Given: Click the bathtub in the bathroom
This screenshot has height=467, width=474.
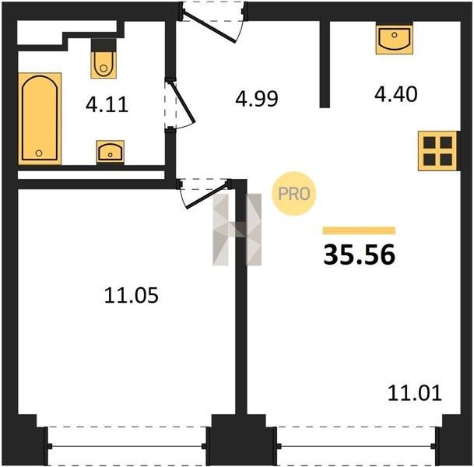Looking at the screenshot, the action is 40,118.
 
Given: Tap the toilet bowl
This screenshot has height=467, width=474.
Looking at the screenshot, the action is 104,65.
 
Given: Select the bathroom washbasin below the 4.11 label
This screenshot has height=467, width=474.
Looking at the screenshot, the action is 111,152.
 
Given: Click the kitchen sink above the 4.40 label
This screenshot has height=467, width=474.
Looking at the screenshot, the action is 395,38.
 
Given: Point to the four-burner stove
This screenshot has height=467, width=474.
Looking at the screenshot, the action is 437,151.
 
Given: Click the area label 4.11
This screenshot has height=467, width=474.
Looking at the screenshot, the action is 107,104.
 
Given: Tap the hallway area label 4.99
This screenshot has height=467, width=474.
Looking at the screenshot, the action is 257,99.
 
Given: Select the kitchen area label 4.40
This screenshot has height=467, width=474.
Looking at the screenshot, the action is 395,94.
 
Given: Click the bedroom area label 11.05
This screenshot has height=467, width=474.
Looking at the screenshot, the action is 132,295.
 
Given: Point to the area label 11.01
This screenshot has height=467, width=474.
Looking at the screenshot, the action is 414,393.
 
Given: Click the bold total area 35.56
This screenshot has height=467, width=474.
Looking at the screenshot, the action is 359,255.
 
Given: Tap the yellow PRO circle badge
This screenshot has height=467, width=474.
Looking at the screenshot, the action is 294,194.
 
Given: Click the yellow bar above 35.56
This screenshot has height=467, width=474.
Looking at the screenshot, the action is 359,230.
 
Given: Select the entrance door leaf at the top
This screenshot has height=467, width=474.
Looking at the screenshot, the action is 209,26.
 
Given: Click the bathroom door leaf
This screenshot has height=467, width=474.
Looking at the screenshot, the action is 183,102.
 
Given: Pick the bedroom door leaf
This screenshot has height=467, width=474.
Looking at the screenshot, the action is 206,195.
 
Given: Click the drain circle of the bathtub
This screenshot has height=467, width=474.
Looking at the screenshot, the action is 39,153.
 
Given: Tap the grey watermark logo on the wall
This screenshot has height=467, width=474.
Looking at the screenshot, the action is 237,230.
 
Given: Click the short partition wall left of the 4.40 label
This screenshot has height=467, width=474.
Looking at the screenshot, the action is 325,64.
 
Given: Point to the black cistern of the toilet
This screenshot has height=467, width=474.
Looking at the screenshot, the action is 104,45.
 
